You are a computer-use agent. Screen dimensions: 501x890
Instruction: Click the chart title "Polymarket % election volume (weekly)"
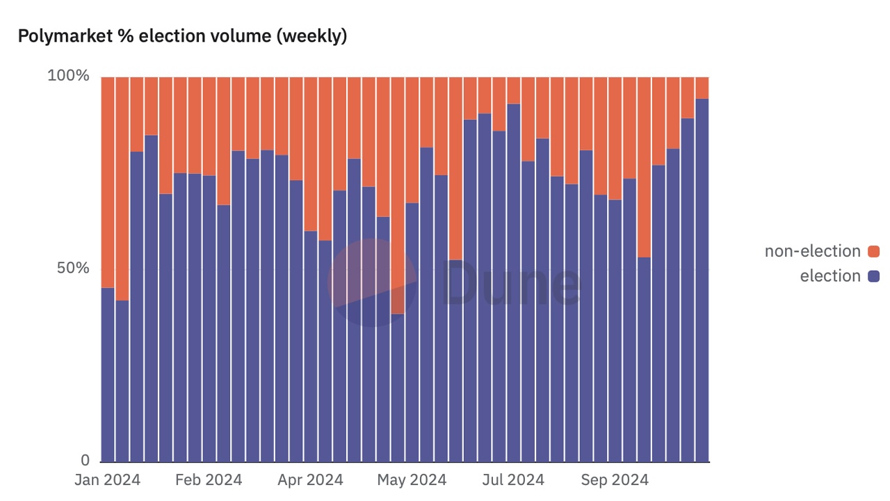click(182, 37)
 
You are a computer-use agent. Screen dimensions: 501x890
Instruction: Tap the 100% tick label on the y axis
click(68, 75)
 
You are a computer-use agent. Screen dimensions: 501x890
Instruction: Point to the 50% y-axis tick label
click(72, 268)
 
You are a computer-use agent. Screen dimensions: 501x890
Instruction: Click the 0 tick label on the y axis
click(85, 460)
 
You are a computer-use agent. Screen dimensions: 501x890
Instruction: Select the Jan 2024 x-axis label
click(107, 480)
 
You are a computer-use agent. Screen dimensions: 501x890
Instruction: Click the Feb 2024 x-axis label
click(209, 480)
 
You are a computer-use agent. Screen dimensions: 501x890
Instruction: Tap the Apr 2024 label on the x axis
click(310, 480)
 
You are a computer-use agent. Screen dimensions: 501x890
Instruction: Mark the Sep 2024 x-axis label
click(615, 480)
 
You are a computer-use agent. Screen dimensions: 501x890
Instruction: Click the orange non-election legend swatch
click(874, 251)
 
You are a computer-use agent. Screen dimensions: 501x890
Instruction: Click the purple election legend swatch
click(874, 276)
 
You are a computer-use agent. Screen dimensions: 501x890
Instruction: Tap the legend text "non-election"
click(812, 251)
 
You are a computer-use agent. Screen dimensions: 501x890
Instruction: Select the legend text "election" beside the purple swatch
click(830, 276)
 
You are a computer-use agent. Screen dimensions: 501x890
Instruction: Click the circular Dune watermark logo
click(372, 283)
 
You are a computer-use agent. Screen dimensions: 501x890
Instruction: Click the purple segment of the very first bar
click(108, 376)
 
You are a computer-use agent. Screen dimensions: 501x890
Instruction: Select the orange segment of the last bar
click(702, 87)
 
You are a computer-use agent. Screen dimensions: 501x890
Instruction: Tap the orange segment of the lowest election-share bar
click(398, 195)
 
